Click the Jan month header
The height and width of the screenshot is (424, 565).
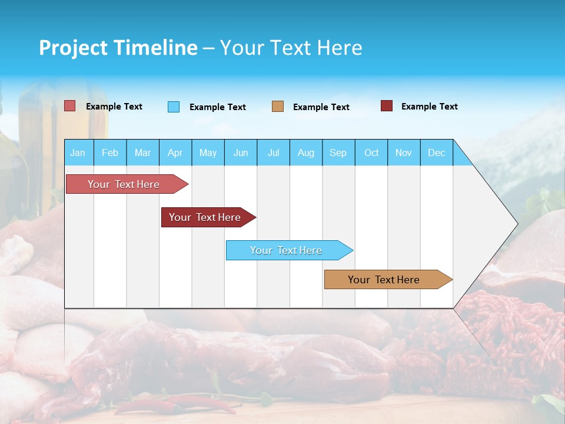[78, 153]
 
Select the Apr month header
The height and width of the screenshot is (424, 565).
[175, 153]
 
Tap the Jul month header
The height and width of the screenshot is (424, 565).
[273, 153]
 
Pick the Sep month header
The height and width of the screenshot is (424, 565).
[338, 153]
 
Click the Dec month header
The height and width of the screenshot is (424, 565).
[436, 153]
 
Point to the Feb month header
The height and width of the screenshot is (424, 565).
[110, 153]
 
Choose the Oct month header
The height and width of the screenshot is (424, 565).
[371, 153]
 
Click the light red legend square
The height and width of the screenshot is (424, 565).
[70, 106]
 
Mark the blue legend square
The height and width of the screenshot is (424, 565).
[174, 107]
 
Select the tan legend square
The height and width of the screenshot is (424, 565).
[278, 107]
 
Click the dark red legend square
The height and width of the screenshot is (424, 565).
[387, 106]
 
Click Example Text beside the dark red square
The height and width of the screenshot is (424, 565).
[429, 107]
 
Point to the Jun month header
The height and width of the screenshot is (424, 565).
[241, 153]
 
